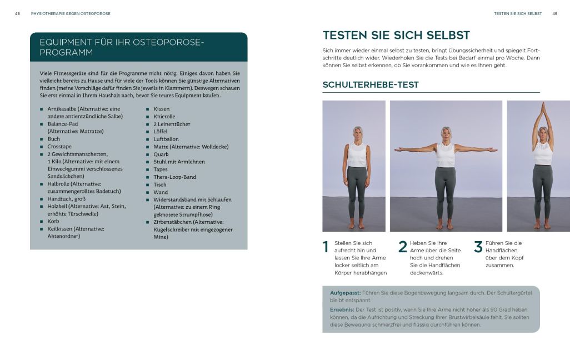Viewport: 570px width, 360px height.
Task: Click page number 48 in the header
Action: [x=18, y=13]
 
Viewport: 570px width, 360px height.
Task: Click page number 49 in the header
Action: [x=554, y=13]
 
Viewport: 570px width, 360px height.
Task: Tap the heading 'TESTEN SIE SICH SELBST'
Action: [x=396, y=35]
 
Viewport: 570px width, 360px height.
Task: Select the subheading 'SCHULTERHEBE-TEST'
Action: [x=371, y=85]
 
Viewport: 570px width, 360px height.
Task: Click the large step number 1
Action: [x=326, y=248]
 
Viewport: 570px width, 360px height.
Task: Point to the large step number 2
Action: [x=403, y=248]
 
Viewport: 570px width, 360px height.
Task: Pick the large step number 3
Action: [x=478, y=248]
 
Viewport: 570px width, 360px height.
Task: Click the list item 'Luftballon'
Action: [x=166, y=139]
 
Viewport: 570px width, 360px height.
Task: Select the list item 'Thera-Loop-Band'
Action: [x=174, y=177]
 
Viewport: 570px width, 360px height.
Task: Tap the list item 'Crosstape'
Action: [x=59, y=147]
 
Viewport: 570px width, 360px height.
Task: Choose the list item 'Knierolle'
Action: [x=164, y=117]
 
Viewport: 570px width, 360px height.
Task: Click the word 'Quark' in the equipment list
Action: [x=161, y=154]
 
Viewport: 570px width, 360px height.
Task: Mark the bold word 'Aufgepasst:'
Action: [x=345, y=292]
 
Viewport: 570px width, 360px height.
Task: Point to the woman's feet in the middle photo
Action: [x=445, y=224]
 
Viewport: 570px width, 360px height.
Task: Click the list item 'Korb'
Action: [x=53, y=221]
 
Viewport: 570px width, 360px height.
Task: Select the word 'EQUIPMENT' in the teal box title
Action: [x=64, y=43]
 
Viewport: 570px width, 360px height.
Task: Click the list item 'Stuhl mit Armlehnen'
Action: [x=179, y=162]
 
